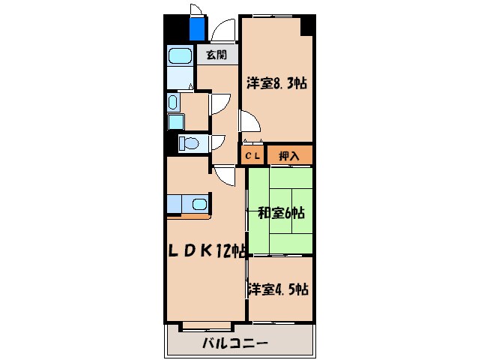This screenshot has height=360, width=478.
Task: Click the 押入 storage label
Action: point(289,156)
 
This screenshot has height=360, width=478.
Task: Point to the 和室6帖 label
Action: point(282,213)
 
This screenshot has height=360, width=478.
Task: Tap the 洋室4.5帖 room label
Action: point(279,289)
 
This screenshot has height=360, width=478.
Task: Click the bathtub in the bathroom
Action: point(179,57)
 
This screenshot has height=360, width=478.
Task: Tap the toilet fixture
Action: point(189,143)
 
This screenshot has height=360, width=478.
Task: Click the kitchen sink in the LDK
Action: point(199,203)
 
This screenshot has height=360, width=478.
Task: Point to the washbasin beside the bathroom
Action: point(173,102)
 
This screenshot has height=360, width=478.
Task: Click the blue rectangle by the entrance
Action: point(197,28)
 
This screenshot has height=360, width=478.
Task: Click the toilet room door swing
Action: point(220,142)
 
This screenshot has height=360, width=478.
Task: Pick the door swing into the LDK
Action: point(223,177)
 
